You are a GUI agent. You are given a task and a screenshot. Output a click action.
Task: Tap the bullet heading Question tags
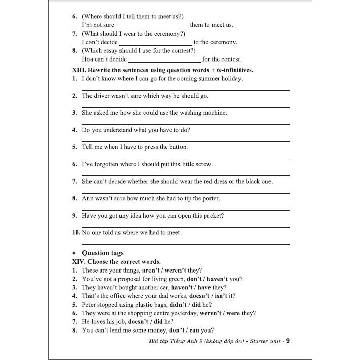coord(103,253)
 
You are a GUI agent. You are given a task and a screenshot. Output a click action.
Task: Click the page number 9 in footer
coord(288,341)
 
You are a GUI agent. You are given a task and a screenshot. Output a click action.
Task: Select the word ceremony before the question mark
coord(163,34)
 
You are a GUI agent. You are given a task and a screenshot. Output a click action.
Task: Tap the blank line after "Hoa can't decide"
coord(165,59)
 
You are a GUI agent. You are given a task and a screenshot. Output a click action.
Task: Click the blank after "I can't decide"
coord(155,43)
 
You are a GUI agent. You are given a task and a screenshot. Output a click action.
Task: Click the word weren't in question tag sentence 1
coord(173,270)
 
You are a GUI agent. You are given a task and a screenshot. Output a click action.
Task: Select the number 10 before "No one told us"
coord(76,233)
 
